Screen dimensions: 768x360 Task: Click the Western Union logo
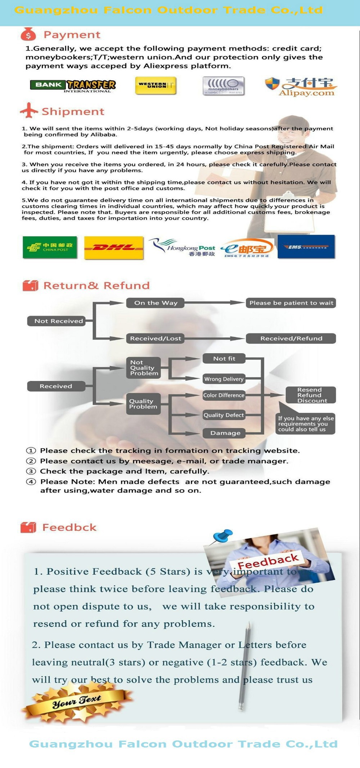[156, 86]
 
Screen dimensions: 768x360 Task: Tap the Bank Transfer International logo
[73, 86]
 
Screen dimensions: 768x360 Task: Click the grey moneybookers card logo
[223, 86]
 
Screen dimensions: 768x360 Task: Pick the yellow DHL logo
[114, 247]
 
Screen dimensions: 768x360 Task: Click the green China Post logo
[50, 247]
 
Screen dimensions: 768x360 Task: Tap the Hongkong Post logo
[184, 247]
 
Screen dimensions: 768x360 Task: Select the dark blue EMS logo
[306, 247]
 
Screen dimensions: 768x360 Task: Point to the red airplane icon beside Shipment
[29, 111]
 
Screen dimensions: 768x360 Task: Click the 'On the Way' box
[156, 303]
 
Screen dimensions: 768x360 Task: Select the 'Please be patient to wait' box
[291, 303]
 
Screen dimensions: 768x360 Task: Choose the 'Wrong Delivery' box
[224, 379]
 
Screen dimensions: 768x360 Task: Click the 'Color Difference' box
[224, 395]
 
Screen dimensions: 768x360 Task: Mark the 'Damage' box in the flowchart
[224, 433]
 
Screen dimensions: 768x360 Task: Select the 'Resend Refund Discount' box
[310, 395]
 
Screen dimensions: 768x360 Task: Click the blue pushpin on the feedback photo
[223, 535]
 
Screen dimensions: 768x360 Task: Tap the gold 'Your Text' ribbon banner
[77, 701]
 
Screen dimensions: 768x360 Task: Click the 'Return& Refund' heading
[96, 286]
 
